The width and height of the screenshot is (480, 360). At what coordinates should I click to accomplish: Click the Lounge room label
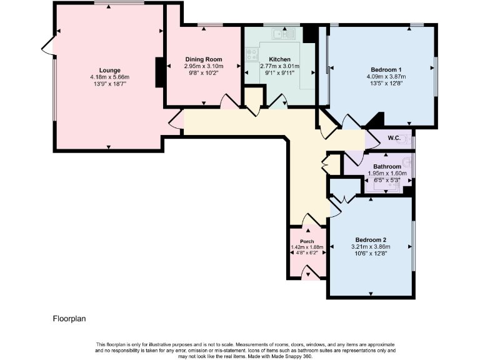109,70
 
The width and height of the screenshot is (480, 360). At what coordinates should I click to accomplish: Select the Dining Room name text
203,59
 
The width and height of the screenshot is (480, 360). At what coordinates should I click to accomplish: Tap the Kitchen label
279,59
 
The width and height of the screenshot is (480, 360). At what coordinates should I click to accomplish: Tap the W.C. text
394,138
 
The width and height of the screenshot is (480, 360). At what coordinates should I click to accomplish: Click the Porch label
307,241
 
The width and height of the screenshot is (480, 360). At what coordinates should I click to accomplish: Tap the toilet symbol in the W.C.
407,139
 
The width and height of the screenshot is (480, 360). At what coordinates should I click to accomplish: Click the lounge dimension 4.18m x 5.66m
109,77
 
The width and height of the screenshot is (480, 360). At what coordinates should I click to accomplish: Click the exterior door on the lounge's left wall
47,46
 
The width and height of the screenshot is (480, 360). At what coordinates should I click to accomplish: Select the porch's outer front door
307,272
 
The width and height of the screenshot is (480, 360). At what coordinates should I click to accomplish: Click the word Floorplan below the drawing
69,319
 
